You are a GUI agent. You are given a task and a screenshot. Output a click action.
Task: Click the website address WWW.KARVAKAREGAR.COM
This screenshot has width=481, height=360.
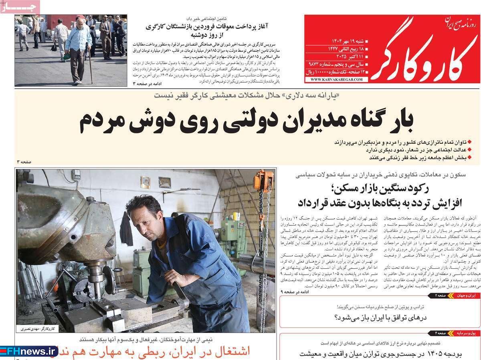pos(336,80)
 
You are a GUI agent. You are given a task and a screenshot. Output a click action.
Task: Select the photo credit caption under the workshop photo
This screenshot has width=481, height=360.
pos(36,329)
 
